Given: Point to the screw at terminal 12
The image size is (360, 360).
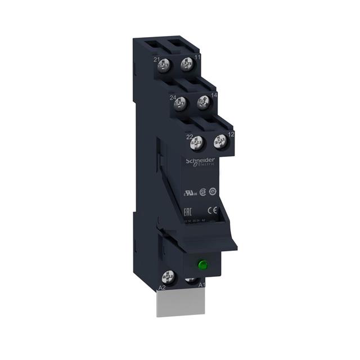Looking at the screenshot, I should [219, 143].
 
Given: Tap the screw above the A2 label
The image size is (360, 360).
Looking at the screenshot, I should [167, 277].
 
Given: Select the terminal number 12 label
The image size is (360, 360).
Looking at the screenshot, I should [231, 134].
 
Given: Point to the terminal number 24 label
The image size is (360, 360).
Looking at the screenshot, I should [172, 96].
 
